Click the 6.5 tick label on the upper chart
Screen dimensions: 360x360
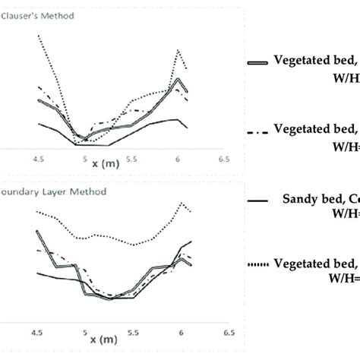click(223, 159)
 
